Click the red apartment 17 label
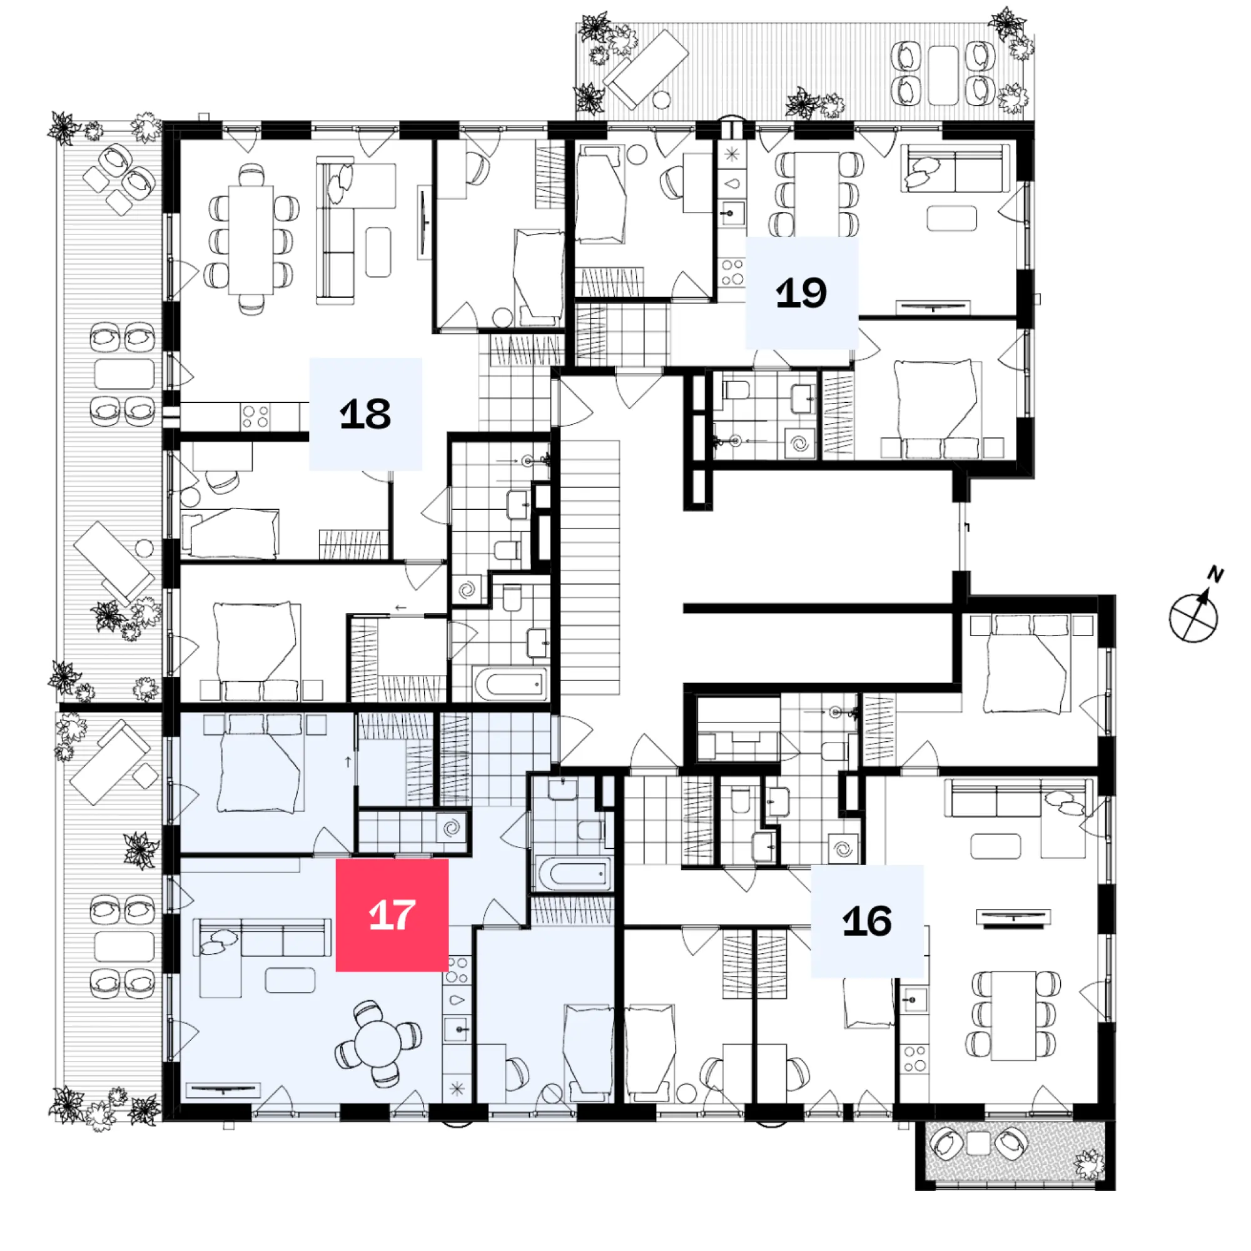pyautogui.click(x=392, y=915)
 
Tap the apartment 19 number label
pyautogui.click(x=802, y=293)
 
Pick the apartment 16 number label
pyautogui.click(x=867, y=921)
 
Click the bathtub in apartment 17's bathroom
pyautogui.click(x=574, y=875)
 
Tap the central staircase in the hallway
pyautogui.click(x=590, y=567)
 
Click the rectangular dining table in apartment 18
pyautogui.click(x=251, y=240)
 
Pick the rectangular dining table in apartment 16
pyautogui.click(x=1013, y=1015)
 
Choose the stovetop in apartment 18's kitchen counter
pyautogui.click(x=255, y=417)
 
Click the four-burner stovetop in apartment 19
pyautogui.click(x=732, y=272)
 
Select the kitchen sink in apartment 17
pyautogui.click(x=458, y=1028)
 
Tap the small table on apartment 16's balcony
pyautogui.click(x=978, y=1143)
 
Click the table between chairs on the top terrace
pyautogui.click(x=943, y=75)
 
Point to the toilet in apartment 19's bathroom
pyautogui.click(x=736, y=390)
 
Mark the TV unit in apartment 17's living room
pyautogui.click(x=223, y=1091)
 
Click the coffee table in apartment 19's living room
pyautogui.click(x=951, y=218)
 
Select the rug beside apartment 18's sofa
pyautogui.click(x=378, y=252)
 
